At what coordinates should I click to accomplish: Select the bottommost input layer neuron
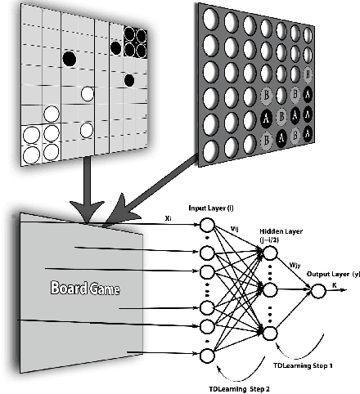pos(209,355)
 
